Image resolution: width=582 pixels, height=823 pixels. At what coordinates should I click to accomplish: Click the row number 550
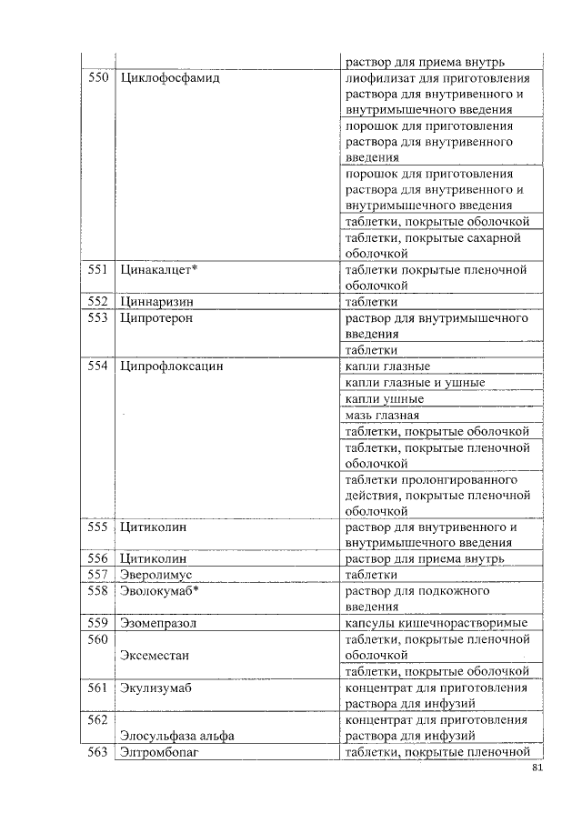pyautogui.click(x=97, y=78)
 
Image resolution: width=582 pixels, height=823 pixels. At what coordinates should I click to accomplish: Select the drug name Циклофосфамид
pyautogui.click(x=170, y=78)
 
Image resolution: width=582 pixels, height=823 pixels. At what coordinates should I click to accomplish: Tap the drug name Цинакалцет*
pyautogui.click(x=159, y=269)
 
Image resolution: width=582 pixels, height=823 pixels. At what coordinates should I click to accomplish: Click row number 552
pyautogui.click(x=97, y=301)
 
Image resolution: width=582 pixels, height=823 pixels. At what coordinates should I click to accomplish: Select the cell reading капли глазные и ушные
pyautogui.click(x=416, y=383)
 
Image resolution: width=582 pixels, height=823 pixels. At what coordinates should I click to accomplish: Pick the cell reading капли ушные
pyautogui.click(x=385, y=399)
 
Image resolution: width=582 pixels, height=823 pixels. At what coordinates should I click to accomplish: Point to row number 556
pyautogui.click(x=97, y=558)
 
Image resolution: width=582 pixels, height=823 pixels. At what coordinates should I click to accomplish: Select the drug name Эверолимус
pyautogui.click(x=159, y=575)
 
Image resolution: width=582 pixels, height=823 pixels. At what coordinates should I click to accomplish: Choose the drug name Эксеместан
pyautogui.click(x=156, y=655)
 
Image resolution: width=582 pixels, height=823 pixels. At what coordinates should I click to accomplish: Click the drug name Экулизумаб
pyautogui.click(x=156, y=688)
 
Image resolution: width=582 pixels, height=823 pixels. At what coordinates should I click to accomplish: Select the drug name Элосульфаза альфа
pyautogui.click(x=177, y=736)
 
